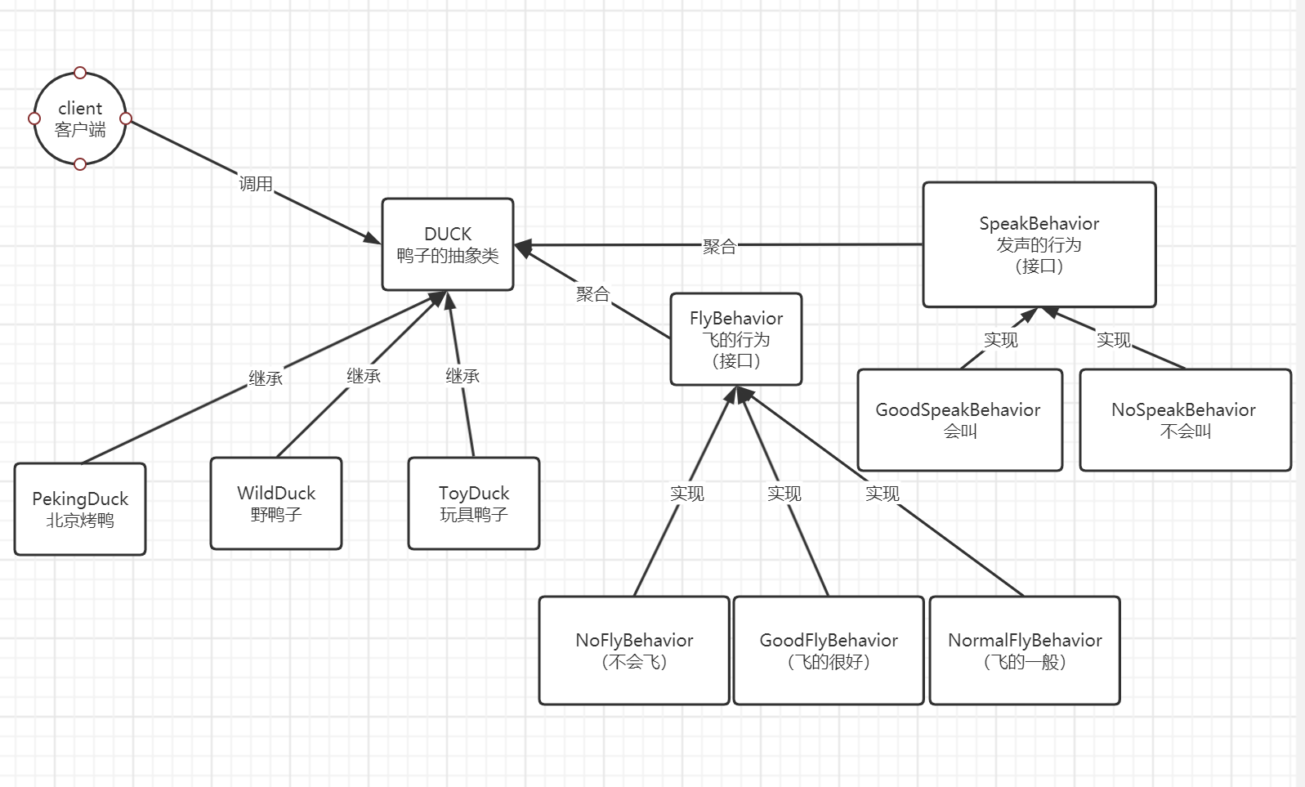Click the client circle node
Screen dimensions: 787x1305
[80, 118]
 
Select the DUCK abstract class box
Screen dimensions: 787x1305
[448, 244]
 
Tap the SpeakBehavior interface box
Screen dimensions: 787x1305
[1039, 244]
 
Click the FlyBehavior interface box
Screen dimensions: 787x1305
[735, 339]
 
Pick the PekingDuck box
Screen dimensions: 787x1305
[80, 509]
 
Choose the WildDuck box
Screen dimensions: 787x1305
[276, 503]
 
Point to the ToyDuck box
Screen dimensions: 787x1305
[474, 503]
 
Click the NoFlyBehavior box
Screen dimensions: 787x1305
[634, 651]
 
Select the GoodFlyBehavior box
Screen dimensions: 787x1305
[829, 651]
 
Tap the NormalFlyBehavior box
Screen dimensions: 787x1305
[1025, 651]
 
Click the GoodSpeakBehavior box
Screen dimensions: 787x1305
[959, 420]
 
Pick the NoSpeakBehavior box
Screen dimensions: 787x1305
[1185, 420]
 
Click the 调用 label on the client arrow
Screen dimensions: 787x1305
[256, 184]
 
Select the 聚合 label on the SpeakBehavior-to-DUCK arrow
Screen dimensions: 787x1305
[719, 247]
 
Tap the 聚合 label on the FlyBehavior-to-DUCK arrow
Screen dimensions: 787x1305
[592, 294]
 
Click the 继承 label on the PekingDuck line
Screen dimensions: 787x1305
[266, 378]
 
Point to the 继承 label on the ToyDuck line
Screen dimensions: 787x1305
[463, 376]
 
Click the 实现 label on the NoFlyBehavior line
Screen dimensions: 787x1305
[686, 494]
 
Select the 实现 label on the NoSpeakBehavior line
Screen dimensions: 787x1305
[1113, 340]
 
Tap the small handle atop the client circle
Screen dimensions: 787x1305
[80, 73]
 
